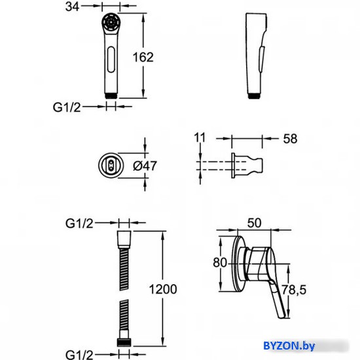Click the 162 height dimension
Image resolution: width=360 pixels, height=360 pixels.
(143, 57)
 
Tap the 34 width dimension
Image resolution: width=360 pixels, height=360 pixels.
(72, 7)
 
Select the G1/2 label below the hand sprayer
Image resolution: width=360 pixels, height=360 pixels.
(67, 107)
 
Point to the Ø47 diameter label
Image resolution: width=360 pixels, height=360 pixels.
(145, 166)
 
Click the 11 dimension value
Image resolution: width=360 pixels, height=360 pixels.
(200, 137)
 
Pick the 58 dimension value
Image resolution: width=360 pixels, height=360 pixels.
(290, 139)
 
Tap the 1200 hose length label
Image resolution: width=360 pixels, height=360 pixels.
(163, 289)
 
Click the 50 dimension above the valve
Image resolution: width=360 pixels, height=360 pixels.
(255, 223)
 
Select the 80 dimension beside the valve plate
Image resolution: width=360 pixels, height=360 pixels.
(220, 262)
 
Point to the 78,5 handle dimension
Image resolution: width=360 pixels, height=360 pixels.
(294, 290)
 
